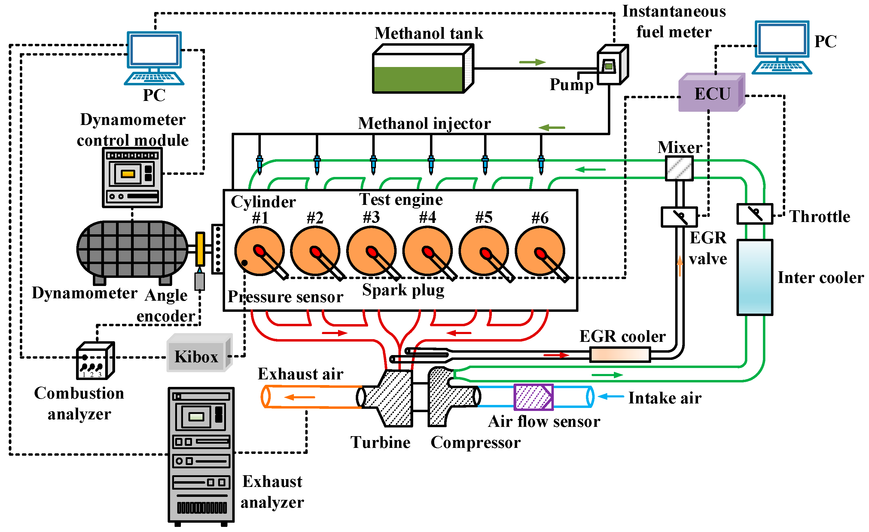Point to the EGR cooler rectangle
[x=620, y=355]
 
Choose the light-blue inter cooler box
[x=755, y=278]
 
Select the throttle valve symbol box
[x=755, y=214]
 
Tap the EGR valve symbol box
[x=679, y=217]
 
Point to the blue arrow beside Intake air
[x=611, y=397]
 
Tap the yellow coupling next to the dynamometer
[x=200, y=249]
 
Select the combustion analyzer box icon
[x=95, y=361]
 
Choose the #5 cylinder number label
[x=483, y=217]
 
